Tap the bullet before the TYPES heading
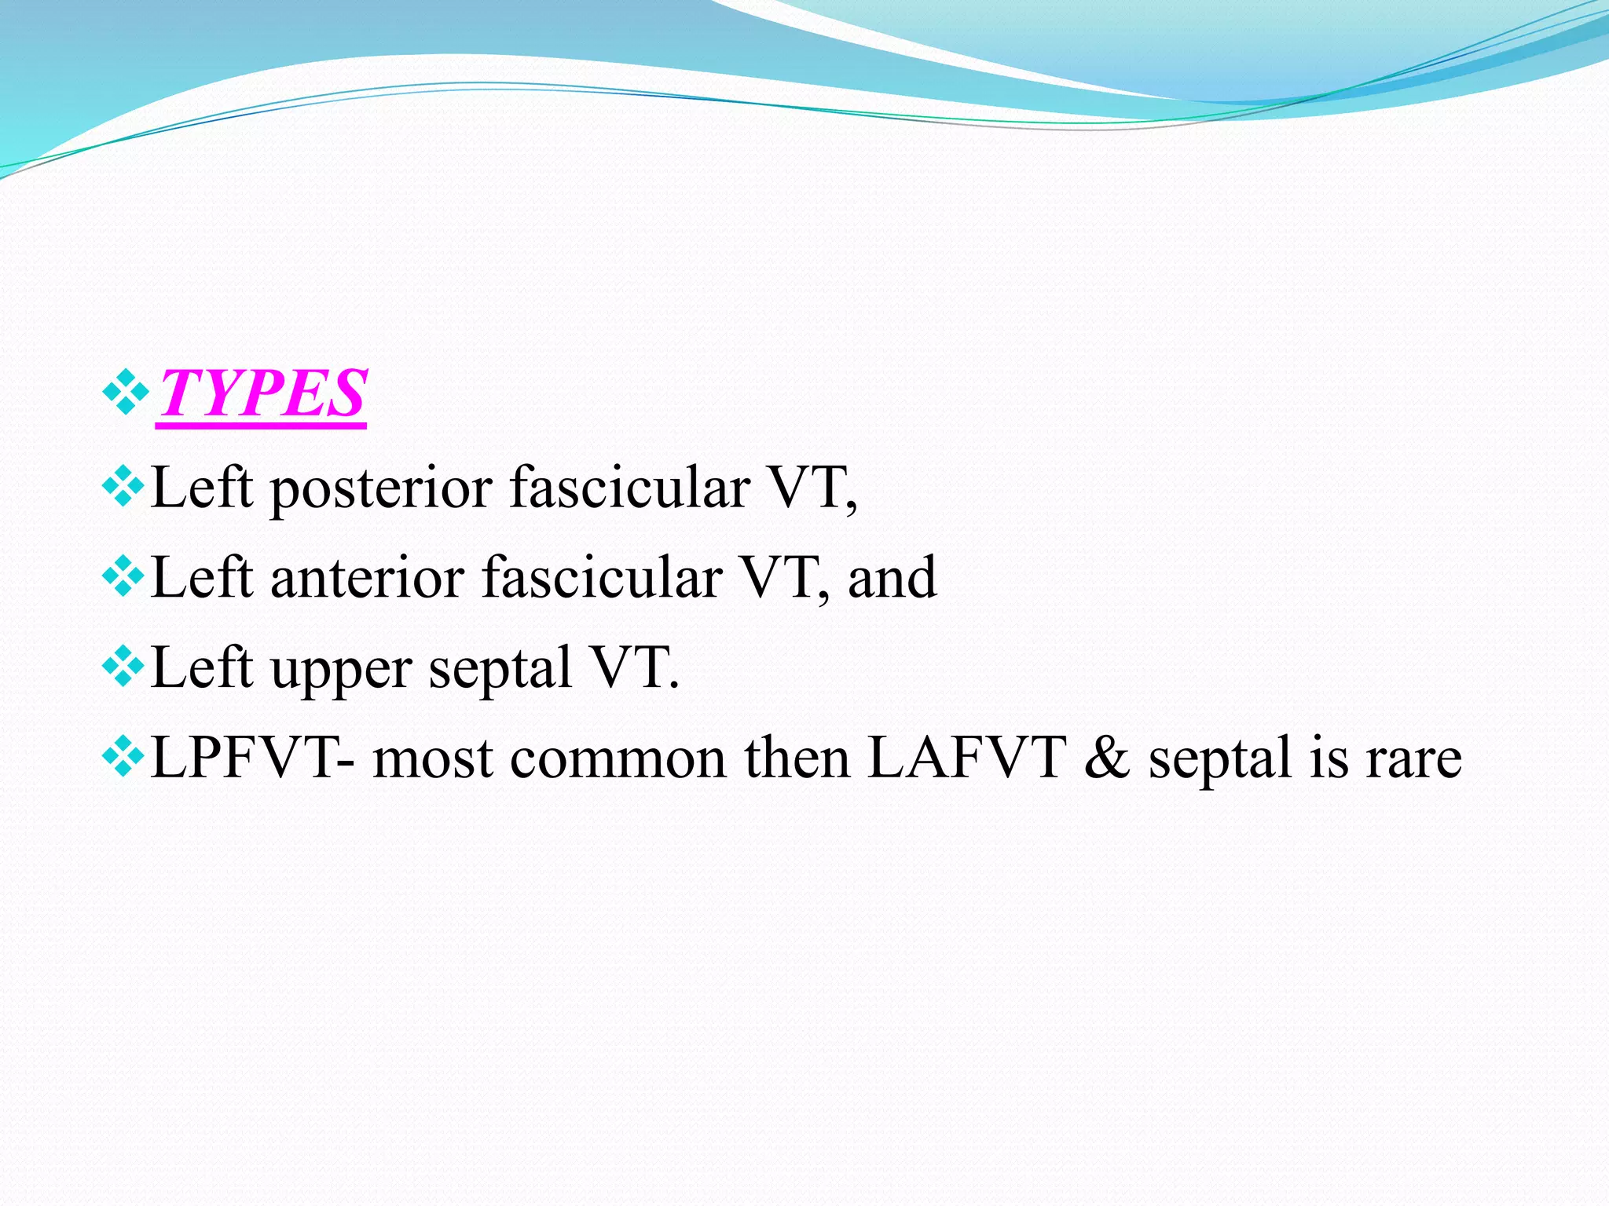click(126, 391)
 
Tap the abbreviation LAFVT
click(966, 758)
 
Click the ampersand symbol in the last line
click(1107, 758)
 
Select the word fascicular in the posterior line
click(629, 488)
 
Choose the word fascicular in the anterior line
click(602, 579)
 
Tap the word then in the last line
click(797, 758)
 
